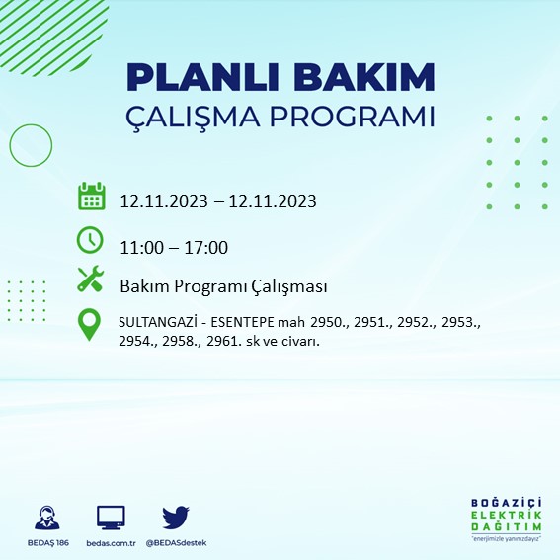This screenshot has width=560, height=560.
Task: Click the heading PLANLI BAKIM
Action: tap(280, 77)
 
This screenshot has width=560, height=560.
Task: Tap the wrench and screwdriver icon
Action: tap(91, 280)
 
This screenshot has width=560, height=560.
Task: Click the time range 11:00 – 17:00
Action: tap(174, 247)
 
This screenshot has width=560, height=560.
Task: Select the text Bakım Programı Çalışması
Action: tap(223, 286)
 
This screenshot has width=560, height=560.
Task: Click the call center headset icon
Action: tap(45, 518)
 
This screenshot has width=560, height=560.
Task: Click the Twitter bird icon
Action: tap(175, 517)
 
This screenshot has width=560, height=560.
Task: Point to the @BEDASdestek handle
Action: tap(176, 543)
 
